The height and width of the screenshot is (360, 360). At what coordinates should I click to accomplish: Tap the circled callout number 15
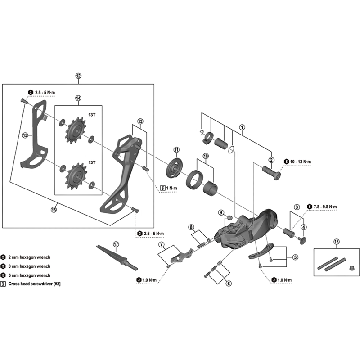[x=25, y=135]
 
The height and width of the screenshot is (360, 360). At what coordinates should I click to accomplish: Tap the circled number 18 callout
[x=337, y=242]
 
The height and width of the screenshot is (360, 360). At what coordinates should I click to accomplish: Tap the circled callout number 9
[x=221, y=212]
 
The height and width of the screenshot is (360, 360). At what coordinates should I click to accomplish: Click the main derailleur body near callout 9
[x=250, y=229]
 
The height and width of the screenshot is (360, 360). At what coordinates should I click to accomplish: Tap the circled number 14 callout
[x=78, y=98]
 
